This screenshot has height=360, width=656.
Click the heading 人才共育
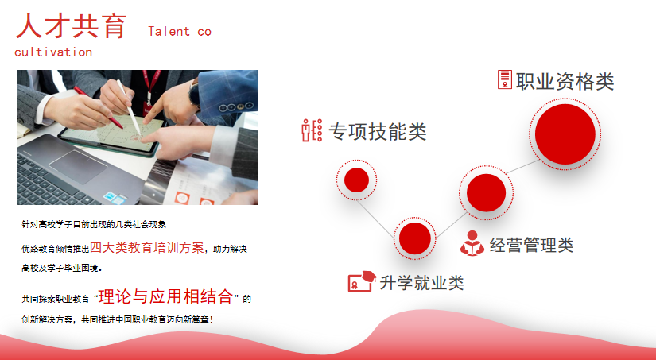coord(71,26)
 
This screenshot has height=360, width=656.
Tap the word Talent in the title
coord(169,31)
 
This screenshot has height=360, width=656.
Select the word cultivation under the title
coord(53,52)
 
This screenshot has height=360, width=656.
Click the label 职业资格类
coord(565,81)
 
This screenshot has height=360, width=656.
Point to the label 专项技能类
coord(378,131)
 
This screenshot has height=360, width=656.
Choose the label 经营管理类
coord(531,245)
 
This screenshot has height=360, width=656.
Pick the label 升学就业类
coord(421,283)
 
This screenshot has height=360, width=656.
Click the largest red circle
coord(565,134)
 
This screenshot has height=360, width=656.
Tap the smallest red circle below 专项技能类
coord(356,180)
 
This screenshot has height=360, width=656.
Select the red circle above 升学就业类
coord(414,238)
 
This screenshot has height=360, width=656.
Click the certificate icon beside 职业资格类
coord(505,79)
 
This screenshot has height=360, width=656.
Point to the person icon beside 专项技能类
coord(312,130)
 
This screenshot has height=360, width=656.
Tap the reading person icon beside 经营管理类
coord(472,243)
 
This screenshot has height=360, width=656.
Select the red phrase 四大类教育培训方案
coord(147,247)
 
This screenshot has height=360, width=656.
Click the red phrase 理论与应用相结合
coord(165,296)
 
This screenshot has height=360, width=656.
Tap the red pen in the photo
coord(99,107)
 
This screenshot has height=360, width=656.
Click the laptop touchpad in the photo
coord(78,166)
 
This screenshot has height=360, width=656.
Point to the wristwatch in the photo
coord(194,93)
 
